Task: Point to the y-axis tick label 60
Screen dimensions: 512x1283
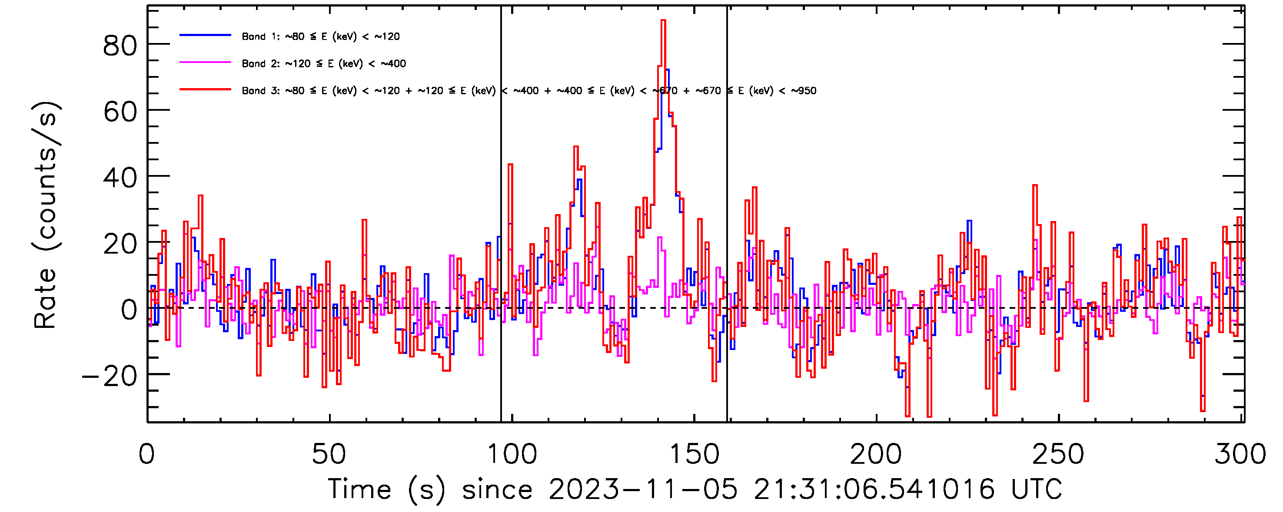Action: [x=120, y=112]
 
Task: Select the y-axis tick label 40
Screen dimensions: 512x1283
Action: [x=120, y=178]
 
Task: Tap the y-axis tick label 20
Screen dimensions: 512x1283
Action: [x=120, y=244]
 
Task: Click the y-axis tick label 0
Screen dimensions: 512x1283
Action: [x=129, y=310]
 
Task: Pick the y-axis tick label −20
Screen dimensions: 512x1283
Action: [x=110, y=376]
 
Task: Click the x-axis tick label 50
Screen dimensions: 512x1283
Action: [x=329, y=454]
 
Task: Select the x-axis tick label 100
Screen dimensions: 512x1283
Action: [x=512, y=454]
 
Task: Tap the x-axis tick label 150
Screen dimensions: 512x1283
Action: [x=694, y=454]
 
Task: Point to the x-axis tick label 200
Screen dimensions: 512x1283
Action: [x=876, y=454]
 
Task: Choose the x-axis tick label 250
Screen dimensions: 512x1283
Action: [x=1058, y=454]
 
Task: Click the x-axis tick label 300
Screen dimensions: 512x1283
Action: [x=1240, y=454]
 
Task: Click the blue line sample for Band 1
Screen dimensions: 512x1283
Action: [x=205, y=35]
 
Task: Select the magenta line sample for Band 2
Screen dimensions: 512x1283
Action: [x=205, y=63]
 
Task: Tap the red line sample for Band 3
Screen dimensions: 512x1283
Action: [x=205, y=89]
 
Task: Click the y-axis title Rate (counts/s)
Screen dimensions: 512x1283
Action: [x=46, y=215]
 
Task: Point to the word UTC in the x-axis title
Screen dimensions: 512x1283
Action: [x=1037, y=489]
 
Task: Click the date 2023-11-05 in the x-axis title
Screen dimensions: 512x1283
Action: [x=642, y=489]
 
